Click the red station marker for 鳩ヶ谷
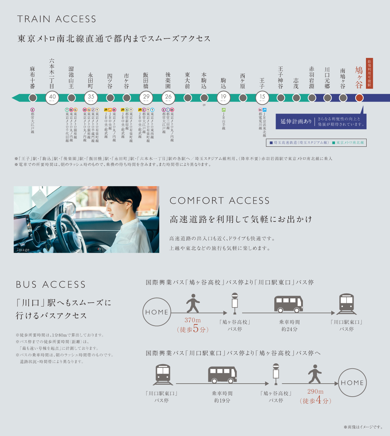click(359, 98)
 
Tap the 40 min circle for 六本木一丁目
click(52, 97)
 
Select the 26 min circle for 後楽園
click(168, 97)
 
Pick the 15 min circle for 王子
click(262, 97)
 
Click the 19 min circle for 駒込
click(223, 97)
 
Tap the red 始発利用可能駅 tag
click(369, 73)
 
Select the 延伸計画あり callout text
click(296, 121)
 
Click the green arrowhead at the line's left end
click(15, 98)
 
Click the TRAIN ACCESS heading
click(57, 19)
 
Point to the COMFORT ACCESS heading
click(220, 201)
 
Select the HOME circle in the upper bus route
click(157, 312)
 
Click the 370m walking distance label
click(193, 320)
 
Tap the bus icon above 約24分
click(289, 304)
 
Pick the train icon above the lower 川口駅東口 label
click(163, 374)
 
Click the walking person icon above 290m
click(315, 374)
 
